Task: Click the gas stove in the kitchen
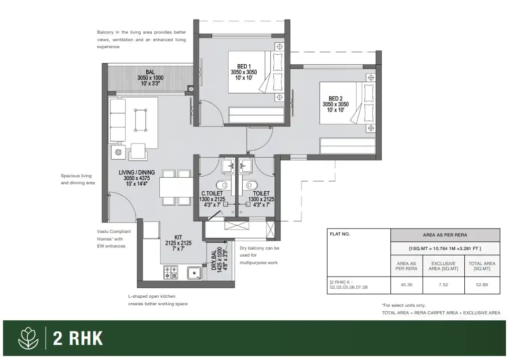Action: tap(170, 273)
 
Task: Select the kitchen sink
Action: tap(194, 273)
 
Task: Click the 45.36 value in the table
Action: tap(406, 284)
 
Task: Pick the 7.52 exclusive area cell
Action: tap(444, 284)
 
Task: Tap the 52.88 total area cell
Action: tap(482, 284)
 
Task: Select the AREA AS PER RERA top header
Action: tap(445, 234)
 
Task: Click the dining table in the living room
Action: tap(169, 188)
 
